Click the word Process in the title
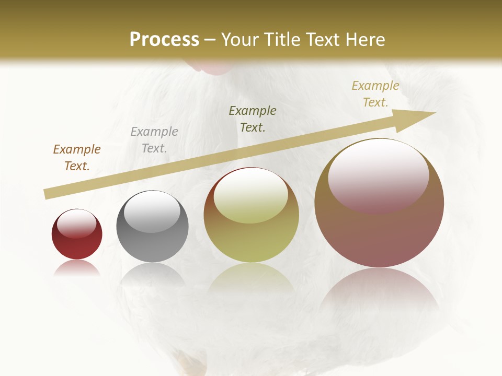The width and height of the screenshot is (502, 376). pyautogui.click(x=164, y=40)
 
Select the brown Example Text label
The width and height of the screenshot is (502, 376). pyautogui.click(x=77, y=158)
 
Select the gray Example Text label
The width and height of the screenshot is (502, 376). pyautogui.click(x=154, y=140)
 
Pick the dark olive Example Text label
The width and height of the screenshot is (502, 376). pyautogui.click(x=253, y=119)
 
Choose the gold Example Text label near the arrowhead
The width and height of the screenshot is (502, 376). pyautogui.click(x=375, y=94)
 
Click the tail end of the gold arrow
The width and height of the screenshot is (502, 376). pyautogui.click(x=46, y=194)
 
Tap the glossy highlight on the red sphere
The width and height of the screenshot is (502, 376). pyautogui.click(x=77, y=224)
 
